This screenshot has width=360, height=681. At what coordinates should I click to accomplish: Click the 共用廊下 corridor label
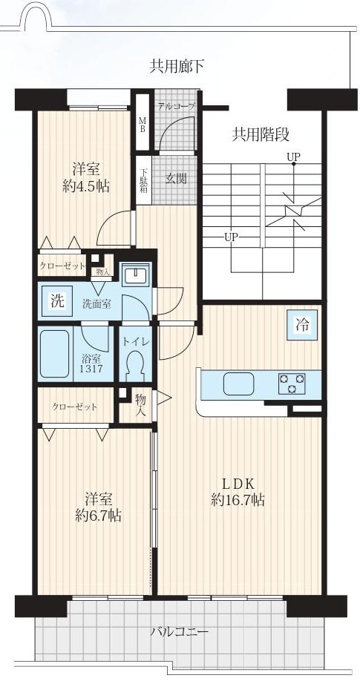coord(177,67)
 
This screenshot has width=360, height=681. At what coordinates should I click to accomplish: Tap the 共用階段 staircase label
coord(261,135)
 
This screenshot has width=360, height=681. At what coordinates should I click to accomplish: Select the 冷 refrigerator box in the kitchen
coord(303,324)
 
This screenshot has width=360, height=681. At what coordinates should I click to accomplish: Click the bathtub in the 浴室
coord(55,354)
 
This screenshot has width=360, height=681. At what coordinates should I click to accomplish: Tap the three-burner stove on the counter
coord(291,384)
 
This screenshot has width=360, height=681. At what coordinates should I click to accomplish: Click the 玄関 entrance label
coord(176,178)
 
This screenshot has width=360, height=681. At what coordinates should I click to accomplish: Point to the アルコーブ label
coord(176,105)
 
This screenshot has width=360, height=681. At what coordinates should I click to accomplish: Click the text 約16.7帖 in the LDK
coord(238,500)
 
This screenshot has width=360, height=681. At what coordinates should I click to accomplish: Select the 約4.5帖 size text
coord(85,185)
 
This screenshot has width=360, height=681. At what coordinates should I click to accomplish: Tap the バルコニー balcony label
coord(179,631)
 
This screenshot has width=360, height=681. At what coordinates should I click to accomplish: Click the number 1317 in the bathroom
coord(92,369)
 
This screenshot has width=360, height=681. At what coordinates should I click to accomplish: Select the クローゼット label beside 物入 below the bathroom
coord(75,407)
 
